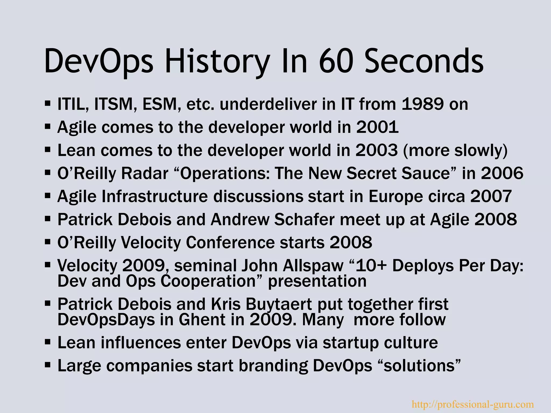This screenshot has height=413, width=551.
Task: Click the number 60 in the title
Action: (x=335, y=61)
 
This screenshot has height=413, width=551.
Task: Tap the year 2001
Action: (x=377, y=127)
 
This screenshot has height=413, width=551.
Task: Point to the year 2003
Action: (x=376, y=150)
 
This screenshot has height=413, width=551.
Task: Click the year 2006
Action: (x=502, y=173)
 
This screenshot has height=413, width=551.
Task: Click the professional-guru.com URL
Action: (x=473, y=404)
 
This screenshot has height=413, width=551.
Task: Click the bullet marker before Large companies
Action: (x=48, y=365)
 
